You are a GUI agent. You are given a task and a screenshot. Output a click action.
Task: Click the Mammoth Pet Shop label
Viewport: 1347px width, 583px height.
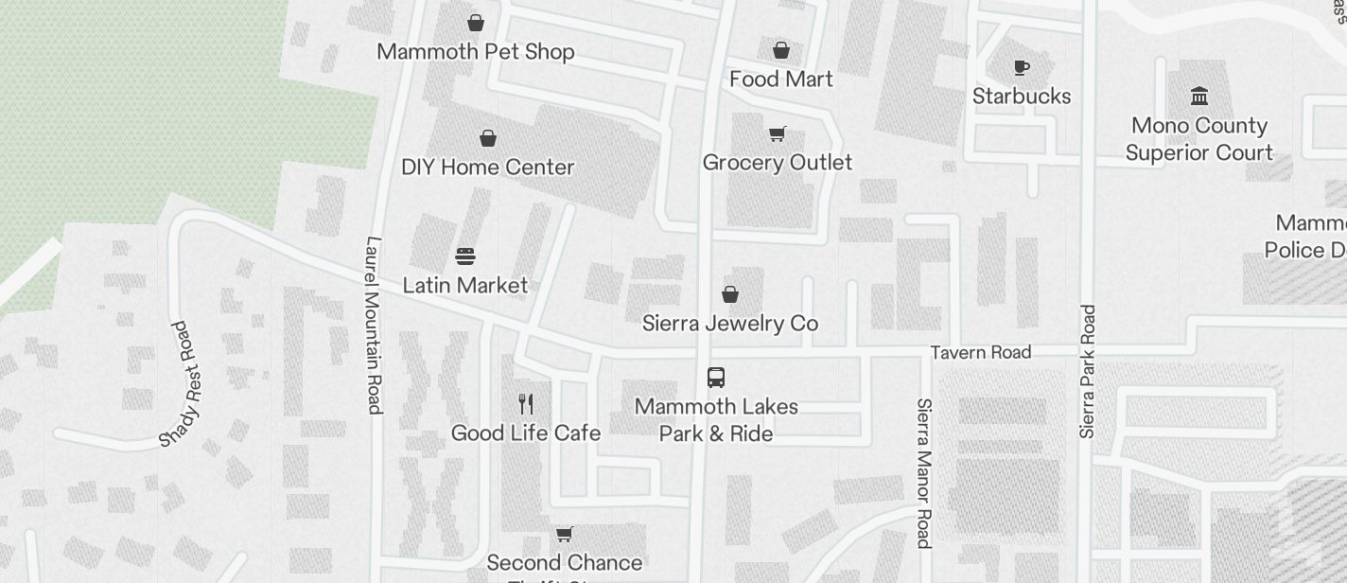coord(475,52)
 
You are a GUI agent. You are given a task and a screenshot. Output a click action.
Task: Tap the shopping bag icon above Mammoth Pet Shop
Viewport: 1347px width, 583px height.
coord(476,23)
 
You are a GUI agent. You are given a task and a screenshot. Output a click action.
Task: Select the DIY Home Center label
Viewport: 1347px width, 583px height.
coord(487,168)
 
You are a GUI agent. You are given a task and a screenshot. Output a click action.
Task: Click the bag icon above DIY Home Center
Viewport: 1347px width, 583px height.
coord(488,139)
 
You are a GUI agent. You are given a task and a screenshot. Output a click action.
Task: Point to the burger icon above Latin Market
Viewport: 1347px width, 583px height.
coord(464,256)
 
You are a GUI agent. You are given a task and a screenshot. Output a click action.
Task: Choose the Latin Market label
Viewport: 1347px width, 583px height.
coord(464,285)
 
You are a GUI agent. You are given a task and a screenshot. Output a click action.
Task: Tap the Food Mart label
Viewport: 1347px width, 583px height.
coord(780,79)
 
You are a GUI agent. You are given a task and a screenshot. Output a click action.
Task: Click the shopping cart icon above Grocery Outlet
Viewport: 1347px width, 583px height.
coord(777,134)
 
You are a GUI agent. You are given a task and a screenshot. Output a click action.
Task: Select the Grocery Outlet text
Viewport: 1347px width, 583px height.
coord(777,163)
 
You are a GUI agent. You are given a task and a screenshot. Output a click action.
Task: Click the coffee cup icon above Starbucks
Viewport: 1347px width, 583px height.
coord(1021,67)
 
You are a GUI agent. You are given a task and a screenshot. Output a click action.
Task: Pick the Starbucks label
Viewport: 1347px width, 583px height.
coord(1022,97)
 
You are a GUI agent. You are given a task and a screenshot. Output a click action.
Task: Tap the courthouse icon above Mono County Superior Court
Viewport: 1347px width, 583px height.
coord(1199,97)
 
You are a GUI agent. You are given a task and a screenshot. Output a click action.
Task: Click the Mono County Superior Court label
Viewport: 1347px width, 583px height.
coord(1199,139)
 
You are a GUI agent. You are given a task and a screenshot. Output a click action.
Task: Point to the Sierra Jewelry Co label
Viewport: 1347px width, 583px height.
coord(729,324)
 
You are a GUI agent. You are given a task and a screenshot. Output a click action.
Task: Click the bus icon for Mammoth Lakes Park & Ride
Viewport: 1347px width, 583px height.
coord(716,378)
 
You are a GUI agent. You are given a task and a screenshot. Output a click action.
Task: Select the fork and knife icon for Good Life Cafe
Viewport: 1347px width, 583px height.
coord(526,404)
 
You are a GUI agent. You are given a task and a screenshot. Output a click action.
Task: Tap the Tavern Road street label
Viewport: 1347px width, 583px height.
coord(980,353)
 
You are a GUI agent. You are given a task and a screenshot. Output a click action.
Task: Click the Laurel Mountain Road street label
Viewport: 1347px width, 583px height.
coord(374,325)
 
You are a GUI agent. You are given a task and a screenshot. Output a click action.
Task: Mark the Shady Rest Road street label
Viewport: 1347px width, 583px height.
coord(182,383)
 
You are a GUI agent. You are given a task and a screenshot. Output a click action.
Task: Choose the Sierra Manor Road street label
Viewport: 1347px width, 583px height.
coord(924,472)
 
